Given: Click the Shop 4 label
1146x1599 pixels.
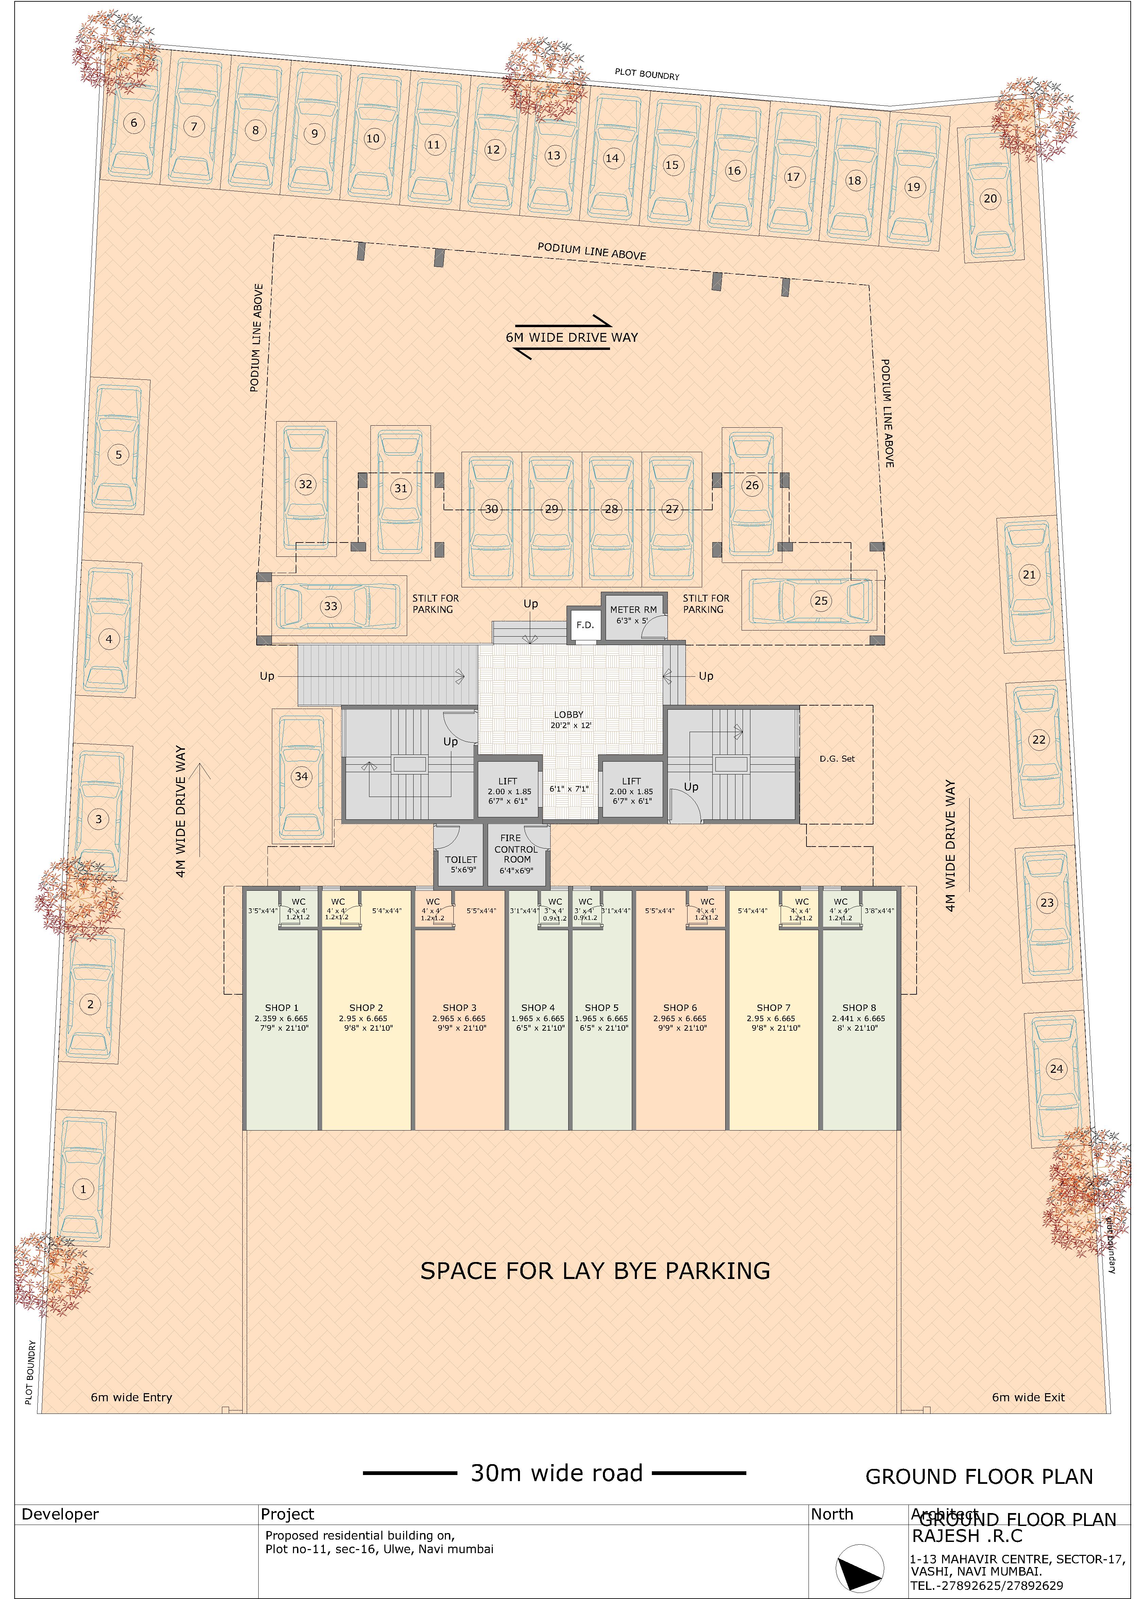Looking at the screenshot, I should pos(538,1008).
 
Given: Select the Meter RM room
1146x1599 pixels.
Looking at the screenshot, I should pos(633,615).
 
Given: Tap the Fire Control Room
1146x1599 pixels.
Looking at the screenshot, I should pos(517,854).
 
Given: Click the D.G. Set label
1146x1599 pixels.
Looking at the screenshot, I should pos(837,759).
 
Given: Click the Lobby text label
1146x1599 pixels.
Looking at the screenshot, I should pos(569,714).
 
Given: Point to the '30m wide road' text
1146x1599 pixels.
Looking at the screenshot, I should pos(556,1473).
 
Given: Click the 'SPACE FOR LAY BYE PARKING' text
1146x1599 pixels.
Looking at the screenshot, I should pos(594,1271).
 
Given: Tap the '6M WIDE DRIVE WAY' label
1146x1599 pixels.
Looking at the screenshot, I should pos(571,337).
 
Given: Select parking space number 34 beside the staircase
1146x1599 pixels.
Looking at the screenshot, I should pos(302,776).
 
